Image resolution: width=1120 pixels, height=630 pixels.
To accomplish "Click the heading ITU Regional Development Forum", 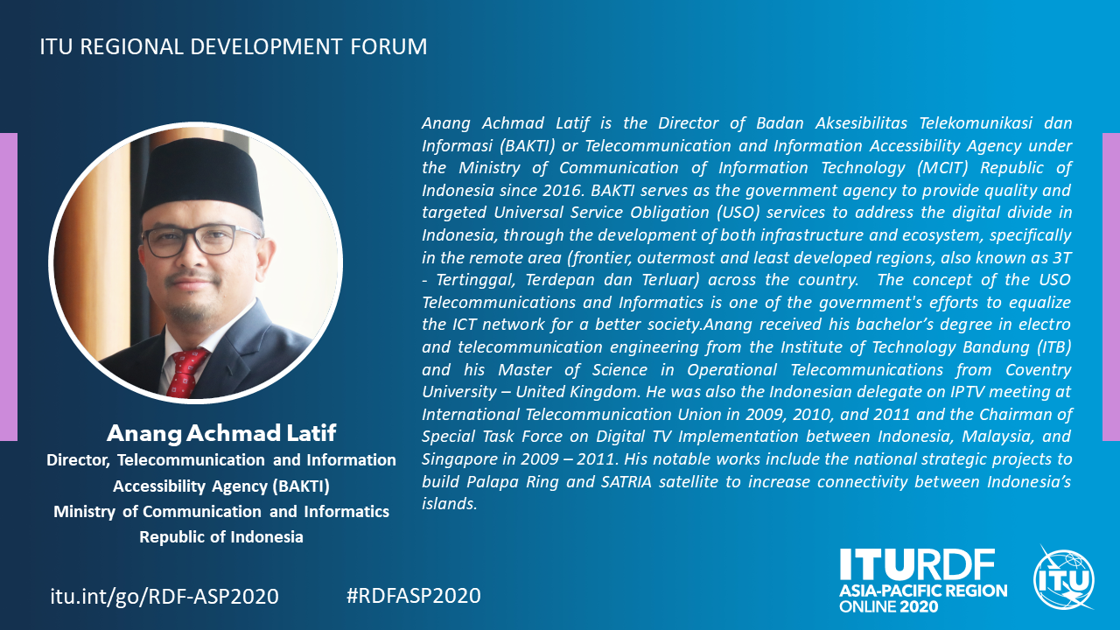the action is pos(234,46).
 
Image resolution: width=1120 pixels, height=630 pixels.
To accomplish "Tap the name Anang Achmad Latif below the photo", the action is pos(221,433).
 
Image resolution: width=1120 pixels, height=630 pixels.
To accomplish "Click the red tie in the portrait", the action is pos(187,373).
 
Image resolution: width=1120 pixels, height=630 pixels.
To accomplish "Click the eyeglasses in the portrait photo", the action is pos(200,240).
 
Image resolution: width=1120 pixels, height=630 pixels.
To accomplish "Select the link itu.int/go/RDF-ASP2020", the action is pos(164,597).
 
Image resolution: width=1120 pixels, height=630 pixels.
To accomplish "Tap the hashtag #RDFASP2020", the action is pos(414,596).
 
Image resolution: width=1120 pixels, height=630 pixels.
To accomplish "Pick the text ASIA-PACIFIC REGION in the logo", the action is pos(923,591).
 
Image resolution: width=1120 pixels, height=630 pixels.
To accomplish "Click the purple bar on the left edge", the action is pos(9,286).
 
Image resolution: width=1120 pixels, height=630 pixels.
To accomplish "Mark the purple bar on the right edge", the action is pos(1111,286).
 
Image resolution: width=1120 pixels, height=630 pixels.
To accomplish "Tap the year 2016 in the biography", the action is pos(555,190).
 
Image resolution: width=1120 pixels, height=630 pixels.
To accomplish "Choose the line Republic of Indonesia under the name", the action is pos(221,536).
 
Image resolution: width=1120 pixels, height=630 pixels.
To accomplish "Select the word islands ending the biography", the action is pos(449,503).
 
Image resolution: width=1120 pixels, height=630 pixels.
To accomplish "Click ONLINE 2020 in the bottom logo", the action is pos(888,606).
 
